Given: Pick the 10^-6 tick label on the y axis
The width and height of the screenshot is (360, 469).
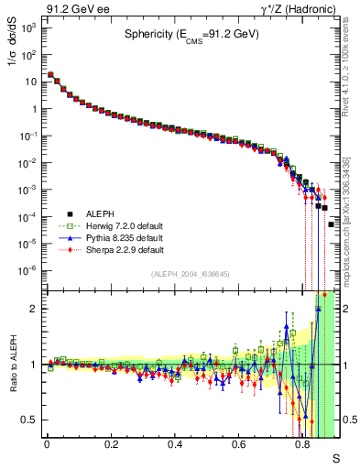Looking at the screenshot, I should point(29,270).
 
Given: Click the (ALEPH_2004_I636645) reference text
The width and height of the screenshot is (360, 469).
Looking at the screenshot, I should point(189,274).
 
